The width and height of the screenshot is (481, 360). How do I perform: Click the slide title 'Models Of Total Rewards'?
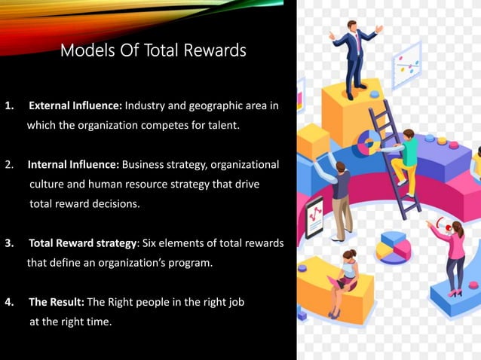coord(153,51)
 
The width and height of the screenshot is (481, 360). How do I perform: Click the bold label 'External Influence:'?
coord(75,105)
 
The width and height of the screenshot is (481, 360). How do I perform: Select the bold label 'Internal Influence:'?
coord(73,164)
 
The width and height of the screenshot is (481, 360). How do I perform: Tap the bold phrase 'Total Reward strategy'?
coord(72,243)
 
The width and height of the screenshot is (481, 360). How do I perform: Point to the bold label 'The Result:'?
coord(57,302)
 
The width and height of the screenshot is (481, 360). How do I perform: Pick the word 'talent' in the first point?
coord(222,125)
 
